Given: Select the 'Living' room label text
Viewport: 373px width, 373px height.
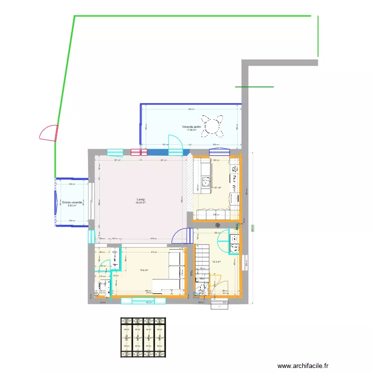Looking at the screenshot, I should click(x=141, y=199).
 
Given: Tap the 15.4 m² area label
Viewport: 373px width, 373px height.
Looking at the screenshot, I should click(x=144, y=270).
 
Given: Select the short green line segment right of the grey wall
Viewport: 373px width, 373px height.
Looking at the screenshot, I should click(x=254, y=87).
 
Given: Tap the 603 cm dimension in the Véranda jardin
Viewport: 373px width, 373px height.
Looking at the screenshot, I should click(x=190, y=109).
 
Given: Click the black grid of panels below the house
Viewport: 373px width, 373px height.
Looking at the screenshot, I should click(x=143, y=338).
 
